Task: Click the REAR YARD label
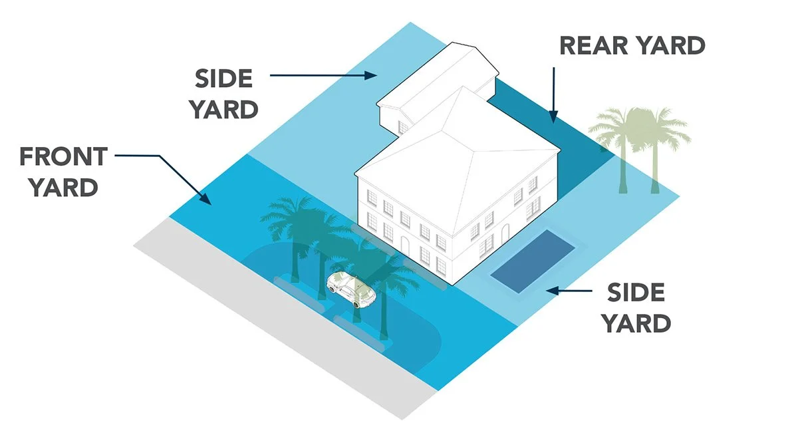(632, 45)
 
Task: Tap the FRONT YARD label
(63, 172)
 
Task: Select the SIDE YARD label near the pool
(635, 308)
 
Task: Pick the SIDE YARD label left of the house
(223, 94)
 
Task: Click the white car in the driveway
(351, 290)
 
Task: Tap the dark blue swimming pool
(533, 260)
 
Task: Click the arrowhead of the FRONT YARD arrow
(207, 199)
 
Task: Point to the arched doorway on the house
(505, 233)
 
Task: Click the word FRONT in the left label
(63, 157)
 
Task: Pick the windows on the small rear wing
(403, 126)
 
